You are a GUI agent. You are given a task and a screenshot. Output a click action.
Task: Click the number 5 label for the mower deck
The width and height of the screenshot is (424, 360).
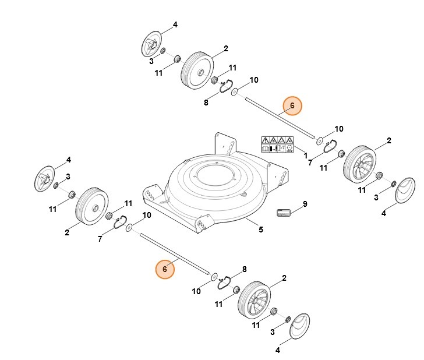coord(260,230)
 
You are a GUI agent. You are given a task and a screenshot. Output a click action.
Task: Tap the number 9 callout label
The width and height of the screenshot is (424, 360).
coord(304,204)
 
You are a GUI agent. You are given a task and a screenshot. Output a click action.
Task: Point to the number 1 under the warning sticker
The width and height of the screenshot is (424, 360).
coord(306,156)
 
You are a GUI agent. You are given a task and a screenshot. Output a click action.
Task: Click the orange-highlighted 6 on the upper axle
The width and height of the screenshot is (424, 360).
coord(292,105)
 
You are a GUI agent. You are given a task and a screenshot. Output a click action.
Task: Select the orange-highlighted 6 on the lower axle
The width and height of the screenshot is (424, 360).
coord(165,269)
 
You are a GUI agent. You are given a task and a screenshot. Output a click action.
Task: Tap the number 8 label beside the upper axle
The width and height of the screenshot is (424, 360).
coord(206,103)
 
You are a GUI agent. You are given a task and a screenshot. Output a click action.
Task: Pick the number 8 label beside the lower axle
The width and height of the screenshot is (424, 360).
coord(244,269)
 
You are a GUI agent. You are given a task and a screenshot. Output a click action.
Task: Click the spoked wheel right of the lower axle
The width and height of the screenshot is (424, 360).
coord(255,301)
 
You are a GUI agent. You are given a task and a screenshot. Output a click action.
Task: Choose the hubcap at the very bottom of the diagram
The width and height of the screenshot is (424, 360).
coord(299,330)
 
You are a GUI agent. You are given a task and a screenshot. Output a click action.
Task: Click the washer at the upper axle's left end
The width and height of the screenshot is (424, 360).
coord(234,92)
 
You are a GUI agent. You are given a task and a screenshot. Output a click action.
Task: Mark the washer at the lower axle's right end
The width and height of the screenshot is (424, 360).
coord(213,277)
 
